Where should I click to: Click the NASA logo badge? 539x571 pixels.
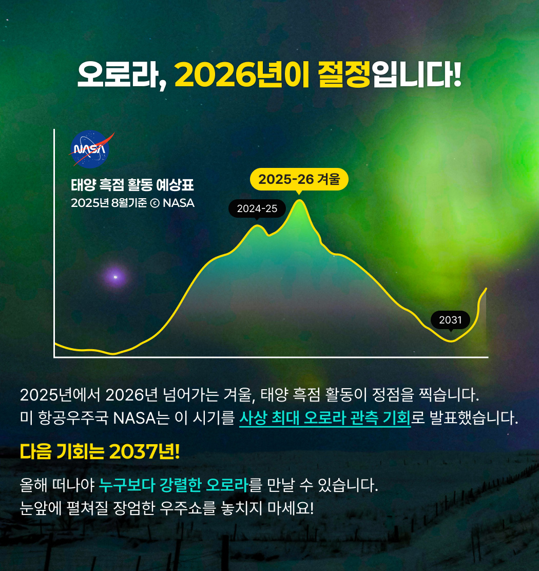click(89, 149)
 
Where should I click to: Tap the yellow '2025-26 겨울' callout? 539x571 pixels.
click(299, 179)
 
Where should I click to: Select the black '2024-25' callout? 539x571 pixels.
click(257, 208)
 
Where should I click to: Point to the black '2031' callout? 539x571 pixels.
click(450, 320)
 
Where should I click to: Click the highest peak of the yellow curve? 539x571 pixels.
click(299, 200)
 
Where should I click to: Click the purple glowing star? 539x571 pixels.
click(115, 277)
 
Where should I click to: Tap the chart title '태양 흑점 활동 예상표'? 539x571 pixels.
click(132, 185)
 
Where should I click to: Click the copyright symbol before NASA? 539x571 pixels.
click(155, 203)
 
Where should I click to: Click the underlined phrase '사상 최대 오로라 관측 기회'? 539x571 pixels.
click(325, 418)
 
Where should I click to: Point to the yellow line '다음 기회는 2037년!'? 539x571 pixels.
click(100, 451)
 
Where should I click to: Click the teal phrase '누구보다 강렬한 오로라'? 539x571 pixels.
click(174, 485)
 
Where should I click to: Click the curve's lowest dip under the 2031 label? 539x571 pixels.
click(451, 341)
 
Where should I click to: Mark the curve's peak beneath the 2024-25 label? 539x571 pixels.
click(257, 225)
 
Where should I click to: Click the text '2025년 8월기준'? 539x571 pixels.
click(109, 203)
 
